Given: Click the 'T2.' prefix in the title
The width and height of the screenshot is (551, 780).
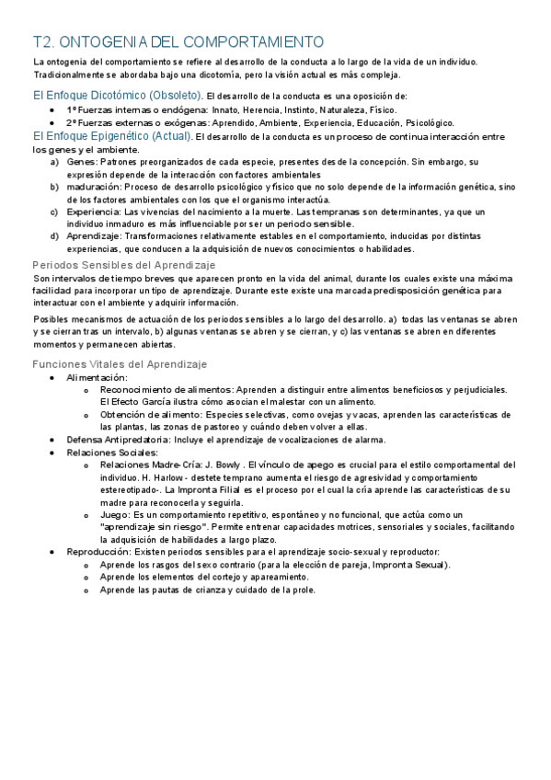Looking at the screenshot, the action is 43,42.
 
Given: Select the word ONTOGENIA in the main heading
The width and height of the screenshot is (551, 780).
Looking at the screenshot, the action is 102,42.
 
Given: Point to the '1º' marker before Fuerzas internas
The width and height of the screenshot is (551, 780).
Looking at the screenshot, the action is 71,109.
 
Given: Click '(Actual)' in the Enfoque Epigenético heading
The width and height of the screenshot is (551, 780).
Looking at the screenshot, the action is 166,136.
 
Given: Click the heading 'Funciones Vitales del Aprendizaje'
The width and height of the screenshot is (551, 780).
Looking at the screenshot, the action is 120,364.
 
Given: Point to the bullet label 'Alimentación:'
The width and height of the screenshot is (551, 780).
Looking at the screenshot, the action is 98,377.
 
